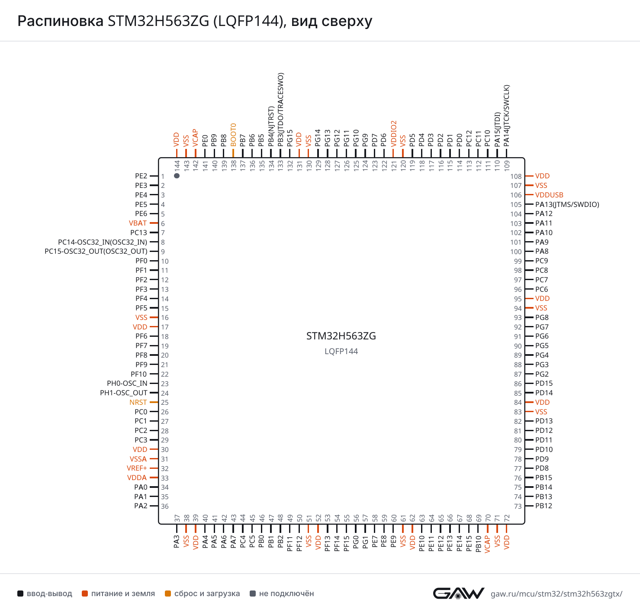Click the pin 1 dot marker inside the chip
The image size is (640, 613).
point(177,176)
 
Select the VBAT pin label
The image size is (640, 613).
point(138,223)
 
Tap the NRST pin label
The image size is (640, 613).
point(138,402)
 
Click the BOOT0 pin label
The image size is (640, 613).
point(233,135)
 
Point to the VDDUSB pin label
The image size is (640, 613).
point(549,195)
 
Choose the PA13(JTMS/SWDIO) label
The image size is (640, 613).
point(567,204)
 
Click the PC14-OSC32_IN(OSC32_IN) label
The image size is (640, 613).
point(103,242)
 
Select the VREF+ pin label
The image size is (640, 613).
point(137,468)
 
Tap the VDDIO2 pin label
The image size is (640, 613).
point(394,134)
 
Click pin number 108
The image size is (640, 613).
point(516,176)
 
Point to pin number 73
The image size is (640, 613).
point(518,506)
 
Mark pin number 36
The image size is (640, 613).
point(165,506)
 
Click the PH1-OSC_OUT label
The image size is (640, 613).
point(124,393)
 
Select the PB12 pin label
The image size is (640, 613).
point(544,506)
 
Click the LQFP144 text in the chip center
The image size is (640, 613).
point(341,351)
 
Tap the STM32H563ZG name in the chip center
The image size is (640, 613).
point(341,336)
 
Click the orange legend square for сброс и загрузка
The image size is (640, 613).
point(168,594)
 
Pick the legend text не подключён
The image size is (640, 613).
point(286,594)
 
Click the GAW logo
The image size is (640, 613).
point(458,593)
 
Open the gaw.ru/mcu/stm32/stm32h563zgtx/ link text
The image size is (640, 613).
point(556,594)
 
